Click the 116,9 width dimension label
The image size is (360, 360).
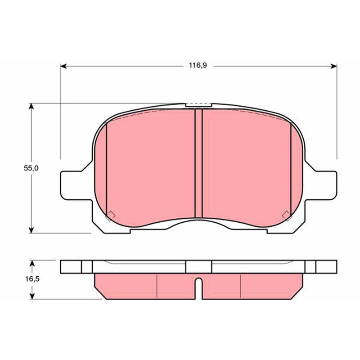tap(198, 65)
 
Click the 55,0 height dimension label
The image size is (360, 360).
tap(31, 168)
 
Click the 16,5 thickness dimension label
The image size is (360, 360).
tap(32, 279)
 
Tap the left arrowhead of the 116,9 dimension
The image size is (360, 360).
tap(63, 66)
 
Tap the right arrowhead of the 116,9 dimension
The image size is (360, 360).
tap(334, 66)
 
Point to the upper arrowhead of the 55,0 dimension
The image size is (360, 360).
tap(31, 106)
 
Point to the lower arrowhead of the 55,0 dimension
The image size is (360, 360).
tap(31, 230)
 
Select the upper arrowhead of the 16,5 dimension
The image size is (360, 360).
tap(32, 263)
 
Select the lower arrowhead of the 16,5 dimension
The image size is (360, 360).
tap(32, 296)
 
